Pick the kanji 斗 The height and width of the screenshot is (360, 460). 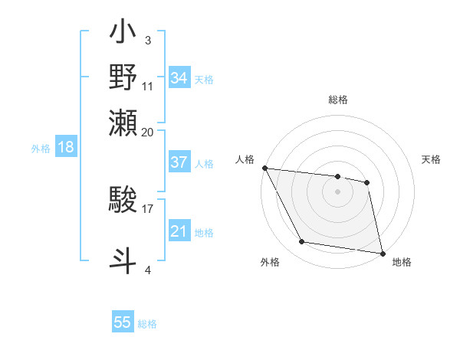click(x=123, y=258)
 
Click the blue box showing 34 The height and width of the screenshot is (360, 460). click(x=179, y=78)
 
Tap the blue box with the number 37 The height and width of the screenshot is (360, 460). click(x=179, y=162)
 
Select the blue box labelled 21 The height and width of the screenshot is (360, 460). click(x=179, y=231)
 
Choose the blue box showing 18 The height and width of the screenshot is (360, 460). click(x=66, y=147)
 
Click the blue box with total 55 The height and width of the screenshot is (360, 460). click(x=123, y=322)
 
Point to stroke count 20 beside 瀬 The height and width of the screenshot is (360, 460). click(x=148, y=132)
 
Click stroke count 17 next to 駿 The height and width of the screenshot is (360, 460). click(x=148, y=207)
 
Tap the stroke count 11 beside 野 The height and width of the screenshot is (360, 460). click(x=148, y=86)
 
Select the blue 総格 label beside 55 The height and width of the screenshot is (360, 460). click(x=147, y=324)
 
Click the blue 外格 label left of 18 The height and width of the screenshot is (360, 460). click(x=41, y=149)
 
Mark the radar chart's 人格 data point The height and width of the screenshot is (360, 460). click(x=264, y=168)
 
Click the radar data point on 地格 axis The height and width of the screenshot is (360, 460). click(x=382, y=253)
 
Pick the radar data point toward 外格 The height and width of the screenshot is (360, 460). click(x=302, y=243)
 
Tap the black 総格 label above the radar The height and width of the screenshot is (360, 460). click(x=338, y=100)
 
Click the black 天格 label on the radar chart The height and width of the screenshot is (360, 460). click(x=431, y=159)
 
